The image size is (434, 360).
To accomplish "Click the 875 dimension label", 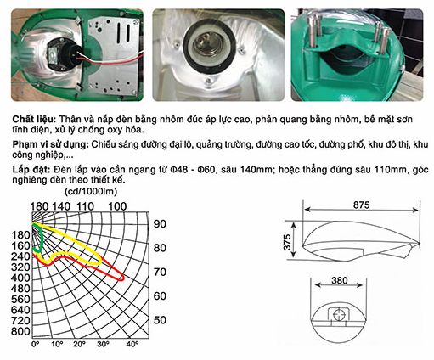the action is click(361, 205).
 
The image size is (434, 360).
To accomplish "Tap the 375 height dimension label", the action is click(287, 242).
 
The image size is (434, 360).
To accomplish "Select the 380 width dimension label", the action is click(340, 280).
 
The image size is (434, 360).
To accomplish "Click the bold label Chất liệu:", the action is click(35, 119).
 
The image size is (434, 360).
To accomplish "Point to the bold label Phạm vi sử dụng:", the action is click(51, 144).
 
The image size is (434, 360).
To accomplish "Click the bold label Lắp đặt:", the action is click(31, 170).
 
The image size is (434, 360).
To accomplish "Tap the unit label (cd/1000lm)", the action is click(91, 192).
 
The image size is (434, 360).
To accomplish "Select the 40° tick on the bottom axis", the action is click(132, 344).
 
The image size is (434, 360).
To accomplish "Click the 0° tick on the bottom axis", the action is click(36, 344).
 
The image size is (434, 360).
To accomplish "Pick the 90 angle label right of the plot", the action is click(160, 224).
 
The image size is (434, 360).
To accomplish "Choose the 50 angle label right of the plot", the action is click(160, 320).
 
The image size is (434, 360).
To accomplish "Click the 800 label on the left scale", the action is click(20, 331).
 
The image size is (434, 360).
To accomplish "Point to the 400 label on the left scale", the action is click(20, 278).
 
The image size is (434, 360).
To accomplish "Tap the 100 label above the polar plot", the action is click(117, 206).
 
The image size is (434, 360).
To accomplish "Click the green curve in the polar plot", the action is click(42, 238).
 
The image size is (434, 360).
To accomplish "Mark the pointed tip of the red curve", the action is click(124, 278).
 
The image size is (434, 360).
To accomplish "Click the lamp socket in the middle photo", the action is click(210, 46).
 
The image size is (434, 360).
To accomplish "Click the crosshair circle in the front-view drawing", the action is click(339, 315).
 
